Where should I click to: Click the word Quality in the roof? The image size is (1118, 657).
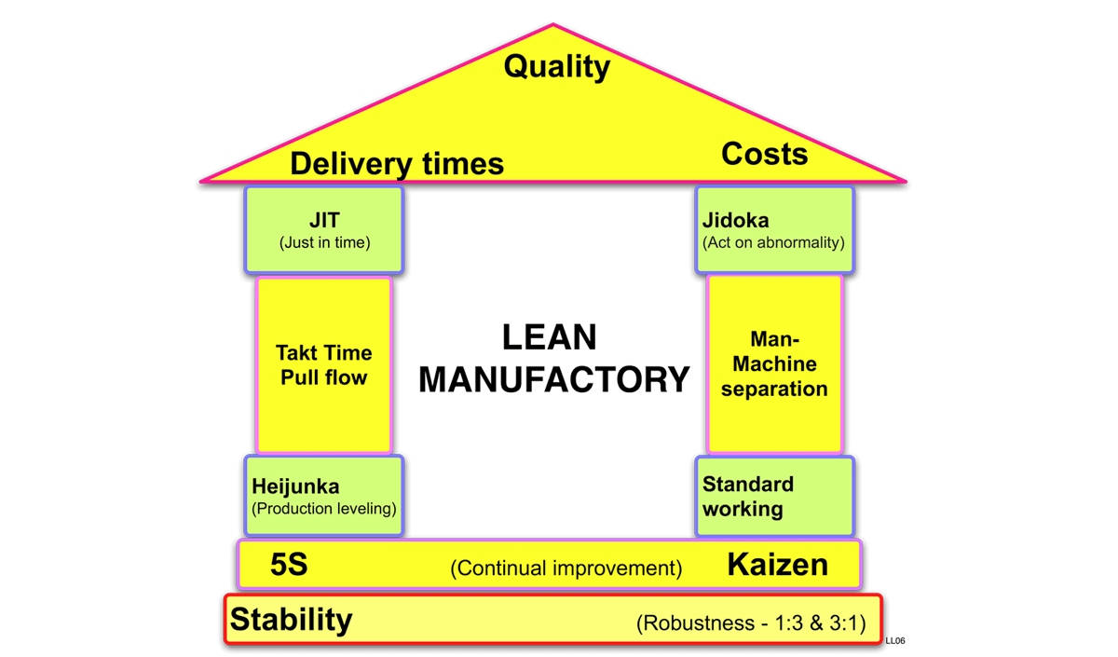556,66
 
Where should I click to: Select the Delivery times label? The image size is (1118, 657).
396,164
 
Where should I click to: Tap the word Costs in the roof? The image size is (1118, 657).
764,154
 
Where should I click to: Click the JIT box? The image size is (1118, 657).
324,229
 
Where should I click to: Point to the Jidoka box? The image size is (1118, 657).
774,229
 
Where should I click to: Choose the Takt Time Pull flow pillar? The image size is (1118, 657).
324,364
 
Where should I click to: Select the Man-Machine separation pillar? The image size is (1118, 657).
774,364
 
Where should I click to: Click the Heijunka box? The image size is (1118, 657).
324,496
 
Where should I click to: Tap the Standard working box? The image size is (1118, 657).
774,496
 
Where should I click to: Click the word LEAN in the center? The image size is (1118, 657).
549,337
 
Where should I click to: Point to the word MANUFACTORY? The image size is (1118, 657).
553,380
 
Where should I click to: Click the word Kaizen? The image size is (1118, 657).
777,564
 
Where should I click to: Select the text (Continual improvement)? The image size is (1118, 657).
566,568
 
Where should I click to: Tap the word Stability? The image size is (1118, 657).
292,620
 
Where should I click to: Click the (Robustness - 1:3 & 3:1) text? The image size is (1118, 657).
751,623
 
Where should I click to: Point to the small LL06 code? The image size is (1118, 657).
895,640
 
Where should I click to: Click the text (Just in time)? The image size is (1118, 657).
324,243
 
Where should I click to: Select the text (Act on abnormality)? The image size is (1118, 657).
773,243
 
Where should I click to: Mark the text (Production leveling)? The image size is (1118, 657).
323,509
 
